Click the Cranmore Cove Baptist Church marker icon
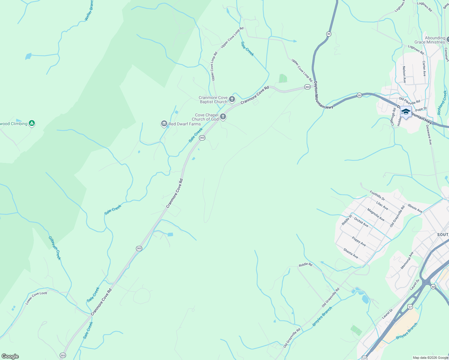pyautogui.click(x=232, y=99)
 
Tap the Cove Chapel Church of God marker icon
pyautogui.click(x=223, y=116)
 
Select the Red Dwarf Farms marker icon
pyautogui.click(x=164, y=124)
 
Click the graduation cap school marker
pyautogui.click(x=406, y=112)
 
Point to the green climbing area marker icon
pyautogui.click(x=32, y=123)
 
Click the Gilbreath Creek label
pyautogui.click(x=55, y=248)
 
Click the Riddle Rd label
pyautogui.click(x=305, y=265)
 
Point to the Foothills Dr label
pyautogui.click(x=377, y=196)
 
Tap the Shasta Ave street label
pyautogui.click(x=351, y=253)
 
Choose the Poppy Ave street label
pyautogui.click(x=359, y=241)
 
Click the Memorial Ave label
pyautogui.click(x=407, y=260)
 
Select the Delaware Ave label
pyautogui.click(x=429, y=135)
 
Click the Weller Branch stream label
pyautogui.click(x=89, y=11)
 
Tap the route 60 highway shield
pyautogui.click(x=433, y=287)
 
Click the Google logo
pyautogui.click(x=10, y=356)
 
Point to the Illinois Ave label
pyautogui.click(x=415, y=208)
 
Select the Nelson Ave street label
pyautogui.click(x=404, y=74)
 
